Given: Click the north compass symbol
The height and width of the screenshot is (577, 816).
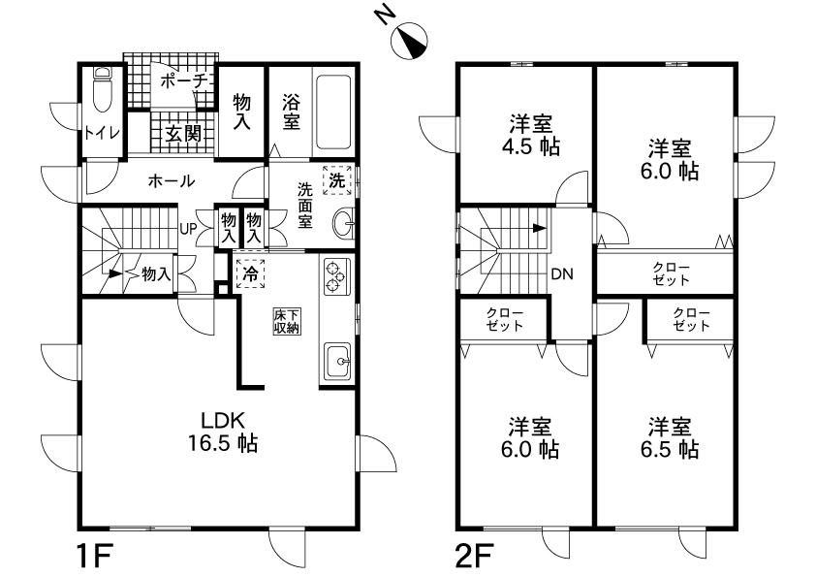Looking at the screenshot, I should tap(406, 41).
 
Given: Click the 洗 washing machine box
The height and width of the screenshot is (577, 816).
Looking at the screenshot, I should tap(336, 179).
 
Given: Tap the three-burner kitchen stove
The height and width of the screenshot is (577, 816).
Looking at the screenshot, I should tap(334, 276).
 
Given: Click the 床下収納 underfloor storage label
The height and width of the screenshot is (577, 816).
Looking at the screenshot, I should tap(286, 321).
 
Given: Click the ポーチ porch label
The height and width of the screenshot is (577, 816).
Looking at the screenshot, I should tap(182, 81).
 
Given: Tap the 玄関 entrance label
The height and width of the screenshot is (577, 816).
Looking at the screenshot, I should tap(181, 133).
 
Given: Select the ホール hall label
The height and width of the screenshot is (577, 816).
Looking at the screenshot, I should tap(172, 181).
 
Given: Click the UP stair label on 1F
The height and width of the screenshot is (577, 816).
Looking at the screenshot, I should tap(190, 230).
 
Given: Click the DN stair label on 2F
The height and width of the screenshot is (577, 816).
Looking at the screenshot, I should tap(562, 274).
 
